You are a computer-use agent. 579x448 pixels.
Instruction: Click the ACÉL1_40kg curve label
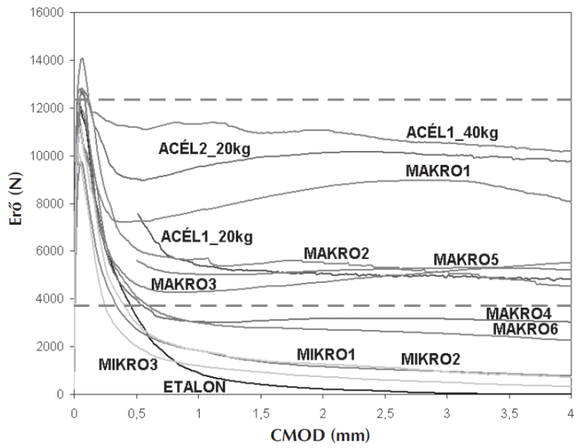pyautogui.click(x=452, y=132)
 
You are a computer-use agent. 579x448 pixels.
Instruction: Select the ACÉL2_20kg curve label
pyautogui.click(x=204, y=149)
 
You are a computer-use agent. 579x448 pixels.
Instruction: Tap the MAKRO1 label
pyautogui.click(x=439, y=171)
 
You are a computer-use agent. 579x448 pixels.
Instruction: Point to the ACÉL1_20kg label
pyautogui.click(x=207, y=237)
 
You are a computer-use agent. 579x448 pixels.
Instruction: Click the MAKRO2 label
pyautogui.click(x=336, y=255)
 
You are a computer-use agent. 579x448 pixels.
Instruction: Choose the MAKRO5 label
pyautogui.click(x=466, y=260)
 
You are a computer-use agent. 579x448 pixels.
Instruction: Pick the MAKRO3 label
pyautogui.click(x=184, y=284)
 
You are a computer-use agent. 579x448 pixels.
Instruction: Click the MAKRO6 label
pyautogui.click(x=525, y=329)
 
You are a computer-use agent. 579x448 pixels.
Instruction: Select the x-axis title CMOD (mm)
pyautogui.click(x=322, y=434)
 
